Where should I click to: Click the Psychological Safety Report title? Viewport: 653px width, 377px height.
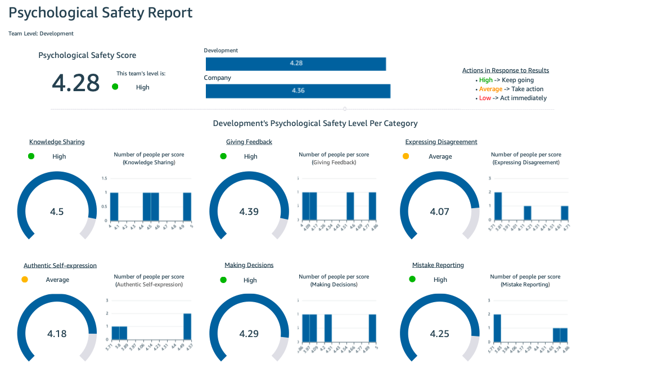[x=101, y=13]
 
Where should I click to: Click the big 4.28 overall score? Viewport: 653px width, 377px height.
[x=75, y=83]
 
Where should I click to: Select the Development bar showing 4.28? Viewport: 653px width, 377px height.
[x=296, y=64]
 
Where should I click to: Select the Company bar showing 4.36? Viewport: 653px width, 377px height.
[x=298, y=91]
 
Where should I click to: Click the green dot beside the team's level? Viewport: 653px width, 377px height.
[x=115, y=87]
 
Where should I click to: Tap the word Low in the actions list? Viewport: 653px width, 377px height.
[x=485, y=98]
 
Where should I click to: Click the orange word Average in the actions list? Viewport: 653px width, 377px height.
[x=490, y=89]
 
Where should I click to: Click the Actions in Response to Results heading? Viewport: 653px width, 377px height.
[x=505, y=70]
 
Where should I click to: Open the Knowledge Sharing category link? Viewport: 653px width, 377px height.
[x=57, y=142]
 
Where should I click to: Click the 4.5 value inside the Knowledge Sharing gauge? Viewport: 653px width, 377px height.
[x=57, y=212]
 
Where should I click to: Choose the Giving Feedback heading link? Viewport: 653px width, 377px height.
[x=249, y=142]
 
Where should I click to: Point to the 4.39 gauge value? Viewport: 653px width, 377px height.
[x=249, y=212]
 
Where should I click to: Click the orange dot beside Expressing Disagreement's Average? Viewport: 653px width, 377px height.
[x=406, y=156]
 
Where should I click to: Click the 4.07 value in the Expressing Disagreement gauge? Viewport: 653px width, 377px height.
[x=440, y=212]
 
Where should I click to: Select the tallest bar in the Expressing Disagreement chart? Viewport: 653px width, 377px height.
[x=498, y=206]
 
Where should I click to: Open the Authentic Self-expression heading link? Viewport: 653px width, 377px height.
[x=60, y=265]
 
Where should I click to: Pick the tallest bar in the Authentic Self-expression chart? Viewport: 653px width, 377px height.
[x=187, y=327]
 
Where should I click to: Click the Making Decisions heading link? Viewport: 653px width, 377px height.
[x=249, y=265]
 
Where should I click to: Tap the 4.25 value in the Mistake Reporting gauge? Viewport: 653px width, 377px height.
[x=439, y=334]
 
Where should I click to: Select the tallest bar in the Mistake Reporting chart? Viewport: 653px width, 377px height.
[x=497, y=328]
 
